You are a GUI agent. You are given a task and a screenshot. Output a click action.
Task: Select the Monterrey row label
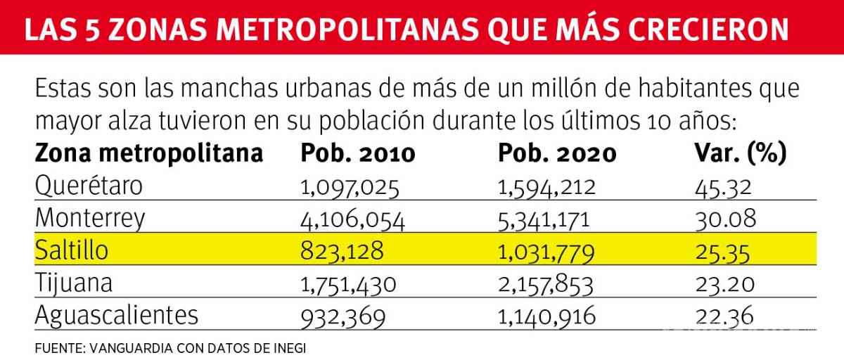90,219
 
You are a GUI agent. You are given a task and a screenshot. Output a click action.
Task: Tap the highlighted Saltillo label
72,251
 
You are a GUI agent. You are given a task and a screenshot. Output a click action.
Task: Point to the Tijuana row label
73,283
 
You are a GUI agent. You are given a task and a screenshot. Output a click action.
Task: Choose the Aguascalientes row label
116,315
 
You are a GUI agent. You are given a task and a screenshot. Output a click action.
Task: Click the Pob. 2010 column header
358,154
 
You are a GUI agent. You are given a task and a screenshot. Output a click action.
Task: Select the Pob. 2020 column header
557,154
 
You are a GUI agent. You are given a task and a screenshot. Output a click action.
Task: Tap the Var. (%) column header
739,154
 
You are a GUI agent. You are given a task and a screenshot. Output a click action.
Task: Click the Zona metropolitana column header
149,154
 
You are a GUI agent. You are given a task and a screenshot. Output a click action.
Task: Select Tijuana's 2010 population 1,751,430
349,284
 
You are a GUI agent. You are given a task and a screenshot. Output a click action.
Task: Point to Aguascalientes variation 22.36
724,316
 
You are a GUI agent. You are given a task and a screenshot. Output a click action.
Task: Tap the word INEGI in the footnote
290,348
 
